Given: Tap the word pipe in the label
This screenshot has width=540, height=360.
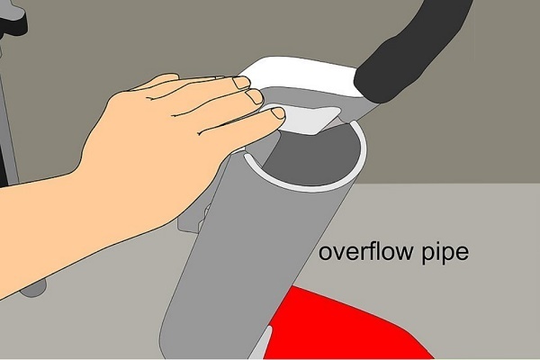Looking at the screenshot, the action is click(x=445, y=254).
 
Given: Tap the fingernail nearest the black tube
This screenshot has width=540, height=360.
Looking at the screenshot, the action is click(x=241, y=83).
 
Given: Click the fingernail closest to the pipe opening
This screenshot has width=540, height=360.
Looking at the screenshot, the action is click(x=278, y=113).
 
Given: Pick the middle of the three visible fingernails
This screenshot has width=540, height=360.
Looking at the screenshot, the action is click(x=256, y=97).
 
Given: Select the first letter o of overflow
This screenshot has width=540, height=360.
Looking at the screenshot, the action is click(x=326, y=254).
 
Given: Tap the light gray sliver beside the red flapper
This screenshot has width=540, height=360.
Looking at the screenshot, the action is click(x=263, y=345).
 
